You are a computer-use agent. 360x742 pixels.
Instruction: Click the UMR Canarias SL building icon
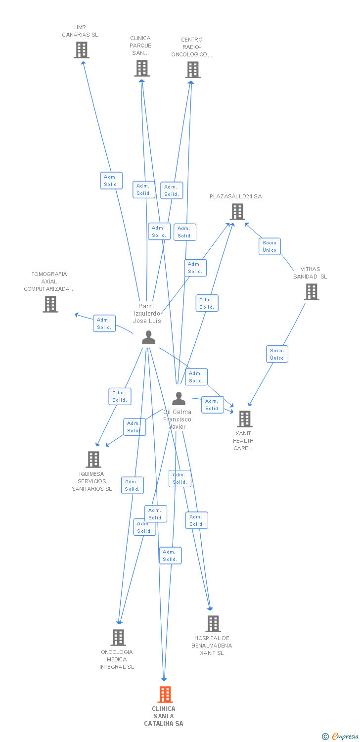click(x=82, y=50)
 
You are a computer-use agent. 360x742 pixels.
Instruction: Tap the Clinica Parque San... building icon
click(x=142, y=68)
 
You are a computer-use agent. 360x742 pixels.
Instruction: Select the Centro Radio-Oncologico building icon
click(x=193, y=70)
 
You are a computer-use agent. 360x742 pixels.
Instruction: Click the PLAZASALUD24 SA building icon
click(x=237, y=212)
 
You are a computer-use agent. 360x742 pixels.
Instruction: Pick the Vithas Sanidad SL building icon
click(x=312, y=292)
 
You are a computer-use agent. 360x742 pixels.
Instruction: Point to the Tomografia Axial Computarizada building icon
click(x=50, y=304)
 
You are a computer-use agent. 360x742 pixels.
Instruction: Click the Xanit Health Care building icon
click(x=245, y=419)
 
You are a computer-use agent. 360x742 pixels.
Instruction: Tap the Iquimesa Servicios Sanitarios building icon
click(x=93, y=460)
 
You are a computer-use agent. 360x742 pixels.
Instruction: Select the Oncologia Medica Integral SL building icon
click(x=118, y=638)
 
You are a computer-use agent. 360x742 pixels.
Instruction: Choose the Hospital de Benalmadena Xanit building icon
click(x=213, y=624)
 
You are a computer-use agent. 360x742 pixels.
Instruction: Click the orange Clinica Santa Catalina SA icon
click(x=165, y=695)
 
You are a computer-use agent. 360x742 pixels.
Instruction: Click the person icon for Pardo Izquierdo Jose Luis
click(x=148, y=337)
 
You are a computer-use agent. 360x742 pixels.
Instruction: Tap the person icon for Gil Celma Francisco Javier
click(x=179, y=398)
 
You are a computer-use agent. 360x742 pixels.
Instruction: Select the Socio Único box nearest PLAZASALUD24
click(x=270, y=246)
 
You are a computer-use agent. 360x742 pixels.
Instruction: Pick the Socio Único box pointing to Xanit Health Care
click(x=277, y=354)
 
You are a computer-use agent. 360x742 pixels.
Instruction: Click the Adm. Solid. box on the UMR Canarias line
click(x=111, y=181)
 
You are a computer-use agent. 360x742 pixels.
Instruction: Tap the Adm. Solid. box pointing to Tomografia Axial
click(x=104, y=324)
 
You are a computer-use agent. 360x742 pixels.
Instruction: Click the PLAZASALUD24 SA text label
click(x=235, y=196)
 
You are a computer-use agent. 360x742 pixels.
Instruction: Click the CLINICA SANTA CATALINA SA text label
click(x=164, y=716)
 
